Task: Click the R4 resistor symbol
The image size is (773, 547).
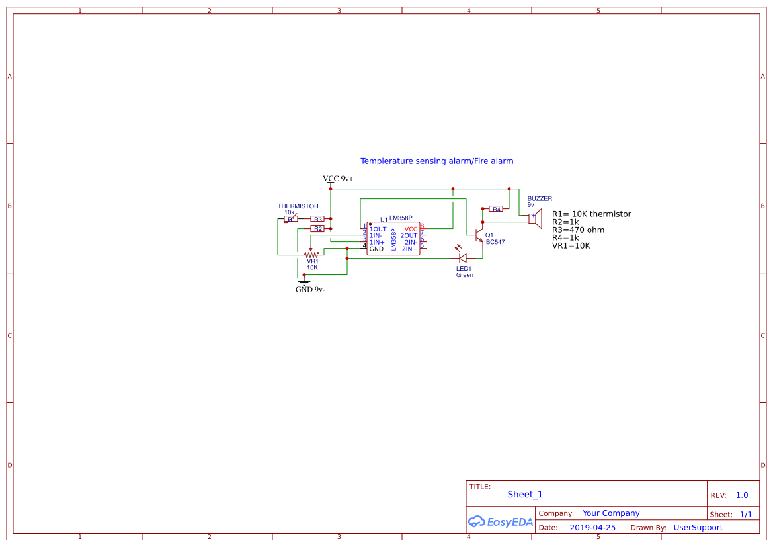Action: pyautogui.click(x=496, y=209)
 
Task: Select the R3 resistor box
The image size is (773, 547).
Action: pyautogui.click(x=317, y=219)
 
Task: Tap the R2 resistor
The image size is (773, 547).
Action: pyautogui.click(x=317, y=229)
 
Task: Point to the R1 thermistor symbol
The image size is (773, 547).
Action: pyautogui.click(x=291, y=219)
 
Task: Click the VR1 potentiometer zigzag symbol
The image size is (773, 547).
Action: pyautogui.click(x=311, y=254)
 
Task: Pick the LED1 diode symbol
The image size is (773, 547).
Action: pyautogui.click(x=462, y=257)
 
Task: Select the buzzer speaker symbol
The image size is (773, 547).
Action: pyautogui.click(x=536, y=218)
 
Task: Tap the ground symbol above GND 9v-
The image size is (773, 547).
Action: pyautogui.click(x=304, y=281)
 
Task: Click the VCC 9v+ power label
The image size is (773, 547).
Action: pyautogui.click(x=337, y=179)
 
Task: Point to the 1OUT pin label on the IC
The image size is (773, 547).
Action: pyautogui.click(x=378, y=229)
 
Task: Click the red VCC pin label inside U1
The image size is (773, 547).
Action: pyautogui.click(x=411, y=229)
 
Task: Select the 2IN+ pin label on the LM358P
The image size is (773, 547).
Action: pyautogui.click(x=409, y=249)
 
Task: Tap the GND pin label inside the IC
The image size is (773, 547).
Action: pyautogui.click(x=376, y=249)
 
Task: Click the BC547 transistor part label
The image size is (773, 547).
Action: pyautogui.click(x=495, y=242)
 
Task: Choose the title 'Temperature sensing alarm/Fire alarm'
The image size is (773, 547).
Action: pyautogui.click(x=436, y=161)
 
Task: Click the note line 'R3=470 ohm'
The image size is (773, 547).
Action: pyautogui.click(x=578, y=230)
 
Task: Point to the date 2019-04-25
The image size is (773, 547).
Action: pyautogui.click(x=592, y=528)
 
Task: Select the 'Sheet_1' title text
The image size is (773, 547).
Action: pyautogui.click(x=525, y=495)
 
